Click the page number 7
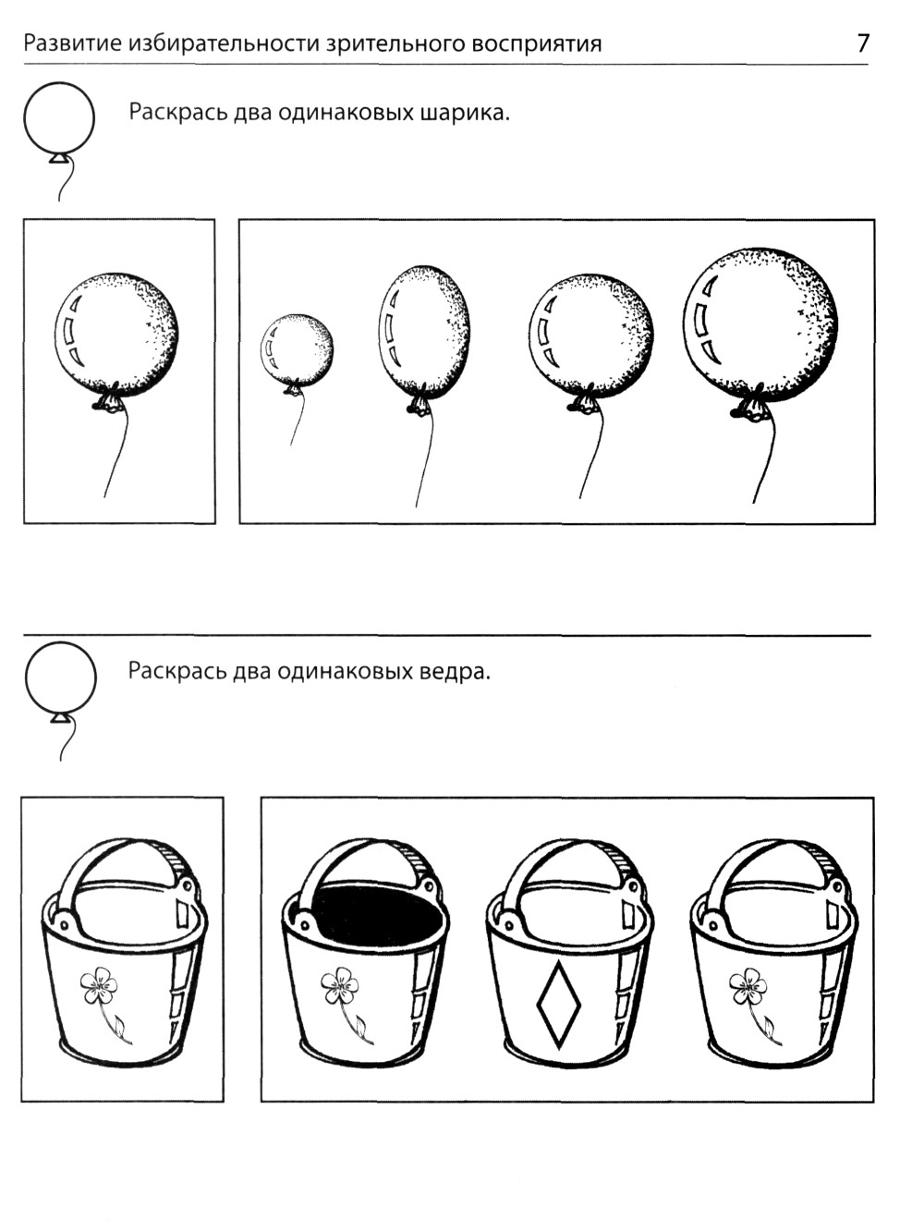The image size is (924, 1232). (863, 43)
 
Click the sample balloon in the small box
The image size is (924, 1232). (116, 335)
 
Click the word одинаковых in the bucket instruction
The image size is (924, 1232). (344, 671)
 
